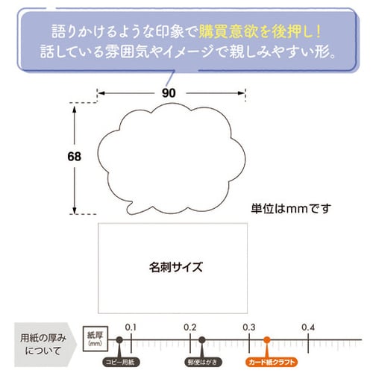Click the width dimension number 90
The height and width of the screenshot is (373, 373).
point(169,93)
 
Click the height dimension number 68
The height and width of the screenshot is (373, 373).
point(74,157)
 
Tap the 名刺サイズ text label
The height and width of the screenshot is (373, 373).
point(176,267)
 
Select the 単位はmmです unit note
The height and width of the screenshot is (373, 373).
point(291,209)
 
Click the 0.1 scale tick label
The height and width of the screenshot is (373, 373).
point(131,327)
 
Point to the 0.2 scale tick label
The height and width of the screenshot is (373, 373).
point(190,327)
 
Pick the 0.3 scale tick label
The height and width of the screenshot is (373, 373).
point(249,327)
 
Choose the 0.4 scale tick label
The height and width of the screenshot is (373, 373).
point(308,327)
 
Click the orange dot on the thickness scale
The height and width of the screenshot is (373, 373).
point(267,339)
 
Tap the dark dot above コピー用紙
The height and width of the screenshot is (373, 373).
point(119,339)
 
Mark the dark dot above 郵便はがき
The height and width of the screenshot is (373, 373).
point(202,339)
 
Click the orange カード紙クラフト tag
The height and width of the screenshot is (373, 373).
point(272,362)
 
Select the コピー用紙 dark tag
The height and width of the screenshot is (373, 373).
point(121,362)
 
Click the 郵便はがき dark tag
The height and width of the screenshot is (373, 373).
point(203,362)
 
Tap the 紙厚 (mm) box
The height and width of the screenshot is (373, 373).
point(95,339)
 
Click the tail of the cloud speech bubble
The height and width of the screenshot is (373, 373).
point(130,210)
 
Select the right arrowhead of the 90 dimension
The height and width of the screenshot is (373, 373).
point(242,93)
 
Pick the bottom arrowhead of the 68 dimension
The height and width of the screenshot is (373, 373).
point(74,210)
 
